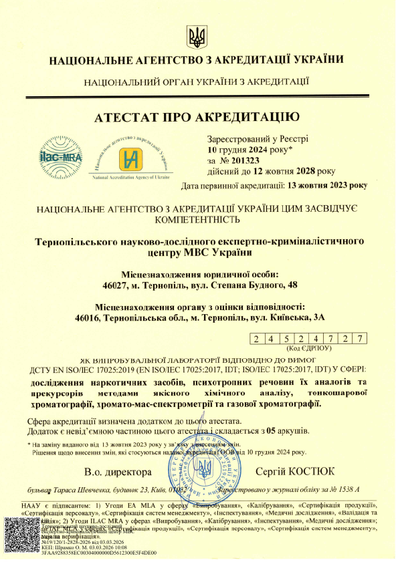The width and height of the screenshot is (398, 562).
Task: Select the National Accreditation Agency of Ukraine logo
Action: tap(132, 159)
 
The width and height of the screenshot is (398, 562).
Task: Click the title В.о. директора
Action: tap(118, 472)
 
